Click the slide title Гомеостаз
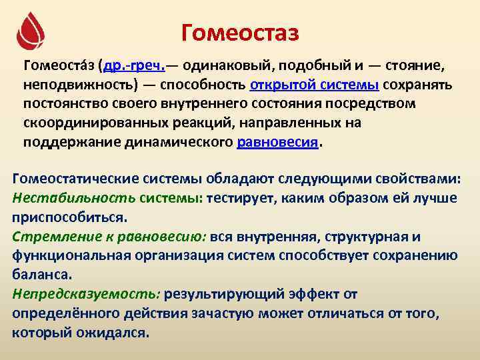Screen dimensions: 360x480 (240, 32)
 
